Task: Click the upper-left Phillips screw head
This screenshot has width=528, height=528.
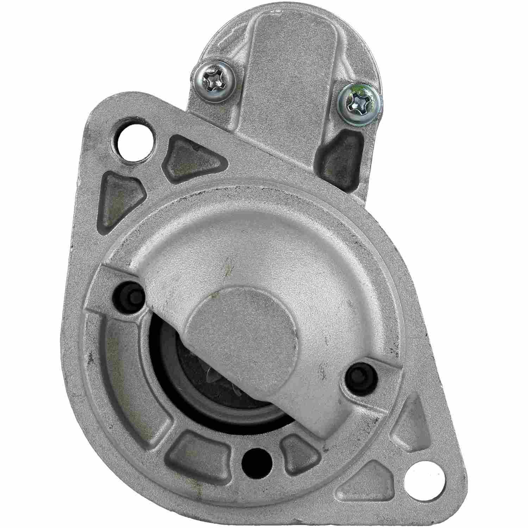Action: pyautogui.click(x=214, y=81)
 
